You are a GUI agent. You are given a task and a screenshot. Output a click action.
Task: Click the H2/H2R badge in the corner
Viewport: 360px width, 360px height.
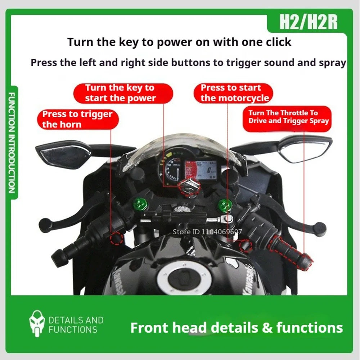308,22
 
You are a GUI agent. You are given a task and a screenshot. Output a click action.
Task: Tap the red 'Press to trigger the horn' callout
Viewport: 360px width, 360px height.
78,120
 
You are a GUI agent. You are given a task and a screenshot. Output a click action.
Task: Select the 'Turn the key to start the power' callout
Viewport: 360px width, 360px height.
123,93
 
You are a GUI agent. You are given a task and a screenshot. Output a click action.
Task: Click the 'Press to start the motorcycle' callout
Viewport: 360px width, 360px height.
233,93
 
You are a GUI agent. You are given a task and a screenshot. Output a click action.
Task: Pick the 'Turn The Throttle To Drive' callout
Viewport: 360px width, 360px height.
287,119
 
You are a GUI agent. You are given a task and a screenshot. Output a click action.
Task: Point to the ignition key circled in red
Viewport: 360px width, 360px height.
190,187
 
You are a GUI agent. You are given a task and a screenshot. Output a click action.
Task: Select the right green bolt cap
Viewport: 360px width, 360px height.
225,205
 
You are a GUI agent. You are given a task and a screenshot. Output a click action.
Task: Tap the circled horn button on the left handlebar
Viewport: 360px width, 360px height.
116,238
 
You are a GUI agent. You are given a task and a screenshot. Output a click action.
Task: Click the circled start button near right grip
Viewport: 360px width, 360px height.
245,245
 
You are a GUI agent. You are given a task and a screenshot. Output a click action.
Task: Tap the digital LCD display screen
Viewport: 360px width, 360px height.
201,170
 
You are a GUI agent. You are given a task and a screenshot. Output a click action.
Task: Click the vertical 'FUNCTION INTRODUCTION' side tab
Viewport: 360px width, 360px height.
12,142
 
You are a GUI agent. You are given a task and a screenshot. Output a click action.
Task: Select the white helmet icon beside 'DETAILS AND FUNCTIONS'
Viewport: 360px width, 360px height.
37,324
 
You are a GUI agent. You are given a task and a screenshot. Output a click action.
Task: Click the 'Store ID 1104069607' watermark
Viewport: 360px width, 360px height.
207,231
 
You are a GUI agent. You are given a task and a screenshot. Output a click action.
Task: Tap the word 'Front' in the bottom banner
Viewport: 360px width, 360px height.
149,328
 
